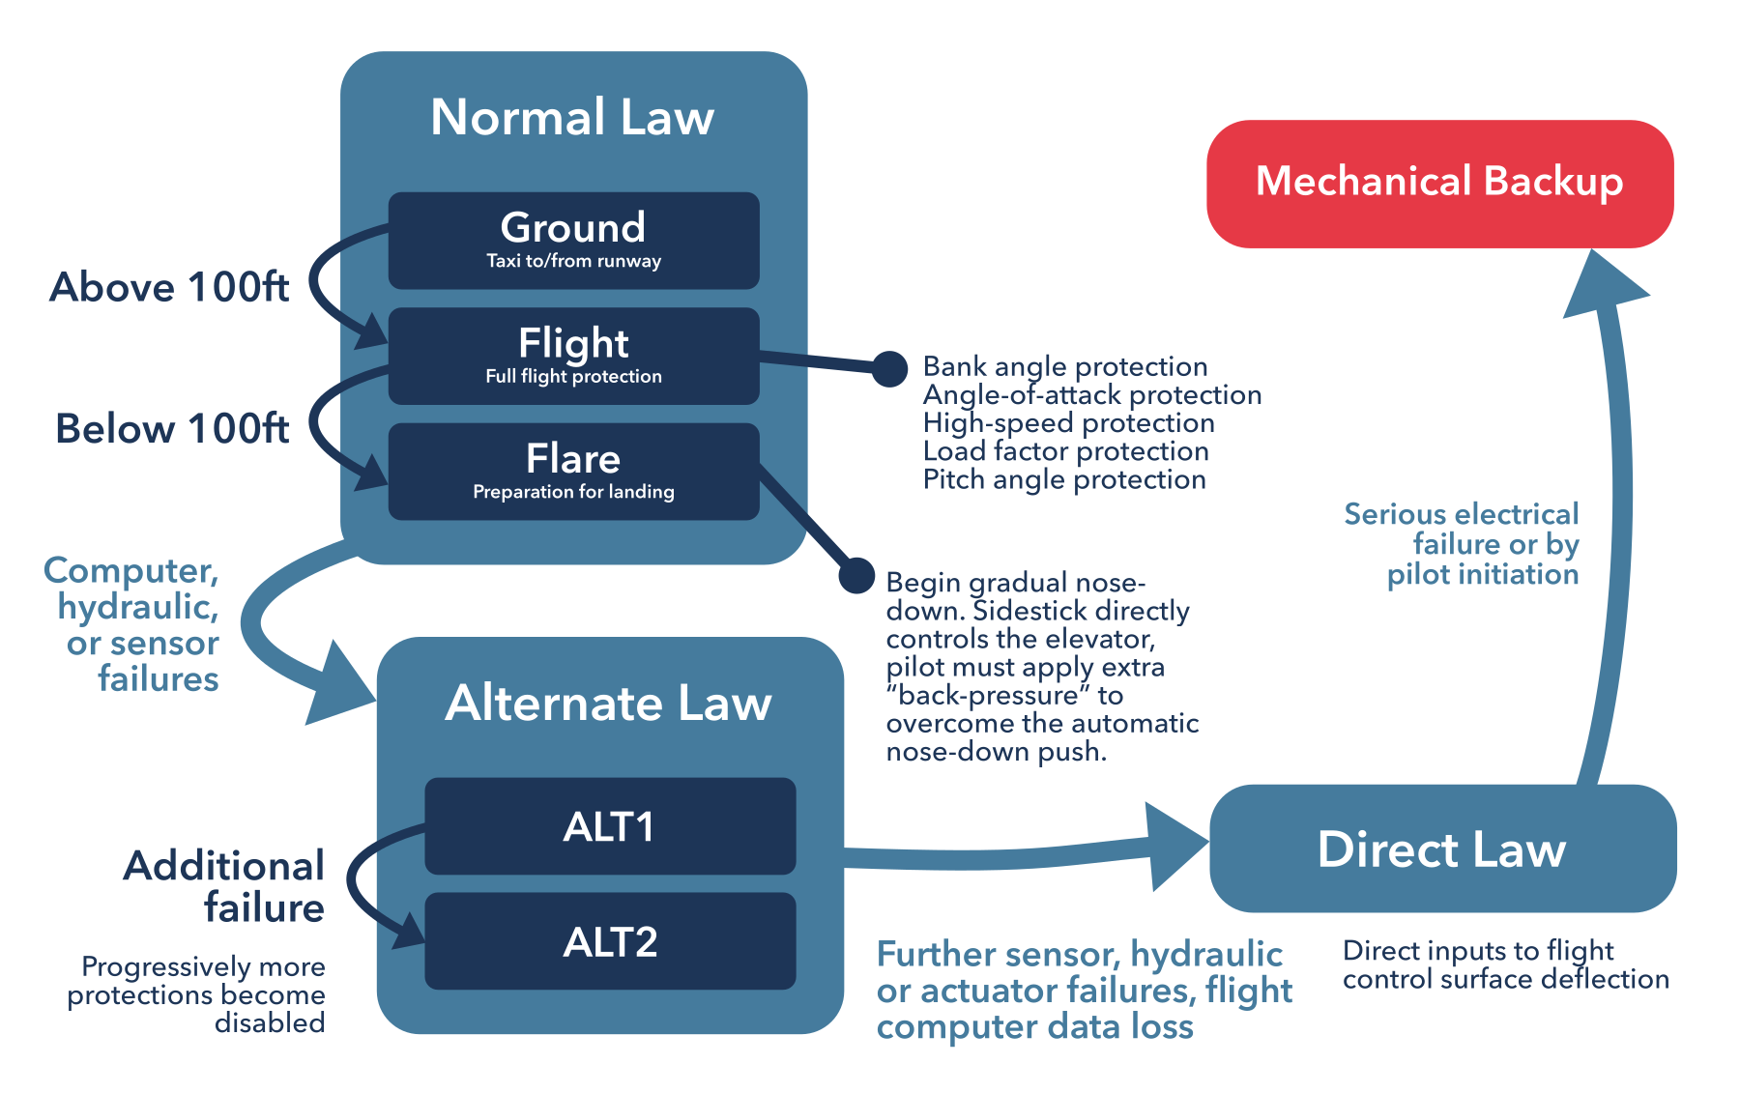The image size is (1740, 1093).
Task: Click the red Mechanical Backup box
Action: [1439, 184]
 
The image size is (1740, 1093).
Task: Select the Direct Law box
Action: [1441, 849]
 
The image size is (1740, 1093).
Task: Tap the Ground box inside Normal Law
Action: [573, 240]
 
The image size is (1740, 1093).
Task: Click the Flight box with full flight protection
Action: [573, 356]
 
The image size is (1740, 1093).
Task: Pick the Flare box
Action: [573, 472]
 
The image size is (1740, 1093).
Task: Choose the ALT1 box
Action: [610, 826]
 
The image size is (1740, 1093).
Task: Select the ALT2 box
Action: [610, 941]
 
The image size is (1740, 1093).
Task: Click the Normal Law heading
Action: [572, 117]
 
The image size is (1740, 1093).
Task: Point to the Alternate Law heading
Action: [608, 703]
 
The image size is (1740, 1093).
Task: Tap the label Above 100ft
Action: [169, 287]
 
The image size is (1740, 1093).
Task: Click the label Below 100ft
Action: [172, 428]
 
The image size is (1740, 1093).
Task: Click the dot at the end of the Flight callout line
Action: [889, 368]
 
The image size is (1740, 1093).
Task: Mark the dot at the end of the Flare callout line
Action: [856, 575]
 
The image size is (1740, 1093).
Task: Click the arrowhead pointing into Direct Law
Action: [1174, 846]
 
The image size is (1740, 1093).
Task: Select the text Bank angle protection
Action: [1064, 366]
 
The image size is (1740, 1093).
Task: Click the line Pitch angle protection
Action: [1063, 479]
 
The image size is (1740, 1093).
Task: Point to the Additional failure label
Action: [225, 886]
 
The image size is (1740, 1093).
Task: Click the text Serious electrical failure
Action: [1461, 530]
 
